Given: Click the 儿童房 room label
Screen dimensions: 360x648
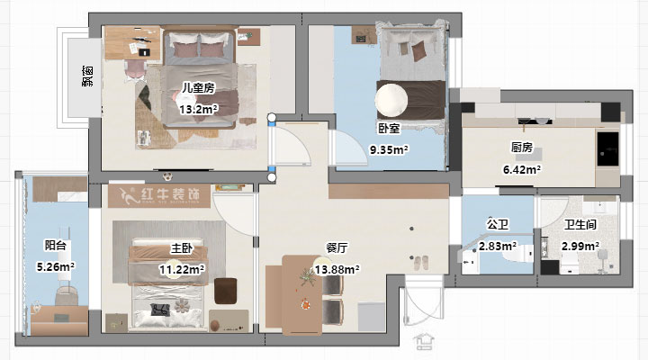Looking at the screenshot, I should point(197,88).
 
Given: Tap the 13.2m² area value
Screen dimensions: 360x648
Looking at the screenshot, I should point(198,110).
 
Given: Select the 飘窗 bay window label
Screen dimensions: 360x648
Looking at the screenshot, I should point(87,77).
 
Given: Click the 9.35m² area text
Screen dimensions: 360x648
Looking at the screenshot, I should point(388,150).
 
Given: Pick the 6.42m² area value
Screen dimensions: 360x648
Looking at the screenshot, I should point(521,168).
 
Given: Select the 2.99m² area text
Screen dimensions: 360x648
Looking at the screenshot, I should point(579,246).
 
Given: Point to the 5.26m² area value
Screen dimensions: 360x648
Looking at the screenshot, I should point(55,266).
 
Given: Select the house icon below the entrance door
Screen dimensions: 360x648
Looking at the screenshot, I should point(423,342).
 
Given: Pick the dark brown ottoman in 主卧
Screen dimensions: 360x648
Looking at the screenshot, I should point(225,290).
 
